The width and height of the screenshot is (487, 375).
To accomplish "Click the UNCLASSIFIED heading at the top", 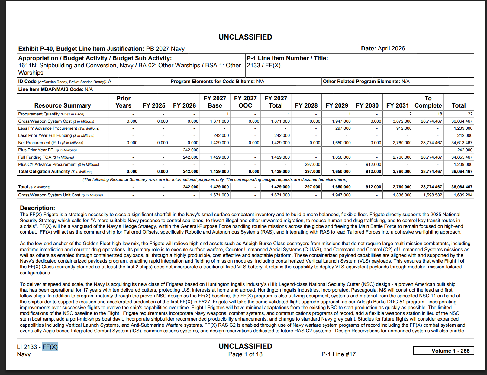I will (245, 37).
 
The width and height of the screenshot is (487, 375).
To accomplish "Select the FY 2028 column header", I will (306, 105).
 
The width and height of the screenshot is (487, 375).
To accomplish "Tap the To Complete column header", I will (428, 102).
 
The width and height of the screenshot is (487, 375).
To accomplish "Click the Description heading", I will (37, 208).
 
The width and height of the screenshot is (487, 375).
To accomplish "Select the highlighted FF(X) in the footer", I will (50, 347).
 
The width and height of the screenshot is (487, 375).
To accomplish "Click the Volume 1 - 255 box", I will (443, 351).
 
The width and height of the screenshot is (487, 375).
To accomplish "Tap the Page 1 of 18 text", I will (245, 354).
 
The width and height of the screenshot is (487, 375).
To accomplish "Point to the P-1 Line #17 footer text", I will (338, 354).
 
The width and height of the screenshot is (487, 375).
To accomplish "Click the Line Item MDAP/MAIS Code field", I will (56, 89).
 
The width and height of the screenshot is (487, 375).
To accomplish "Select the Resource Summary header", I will (63, 105).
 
